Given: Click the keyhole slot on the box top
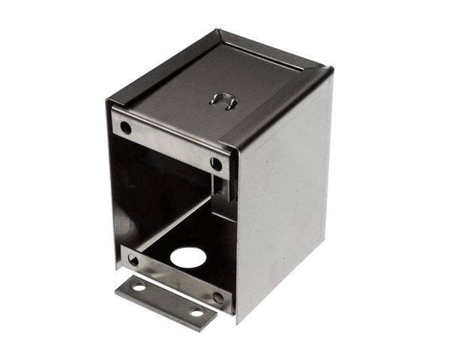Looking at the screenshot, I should coord(222,100).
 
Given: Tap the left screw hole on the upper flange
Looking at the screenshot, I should coord(126,127).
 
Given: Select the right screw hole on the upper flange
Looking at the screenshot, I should coord(216,163).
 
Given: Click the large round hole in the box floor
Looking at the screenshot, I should coord(187,257).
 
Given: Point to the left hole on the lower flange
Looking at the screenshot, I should coord(133,260).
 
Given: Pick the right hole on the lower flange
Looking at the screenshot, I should coord(218,297).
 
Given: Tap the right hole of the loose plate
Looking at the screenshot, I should coord(196,311).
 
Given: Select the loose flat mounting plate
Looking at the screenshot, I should coord(166,299).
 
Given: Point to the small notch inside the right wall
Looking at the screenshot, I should coord(219,186).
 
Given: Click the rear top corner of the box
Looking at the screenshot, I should coord(219,31).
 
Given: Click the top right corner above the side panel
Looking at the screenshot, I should coord(330,71).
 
